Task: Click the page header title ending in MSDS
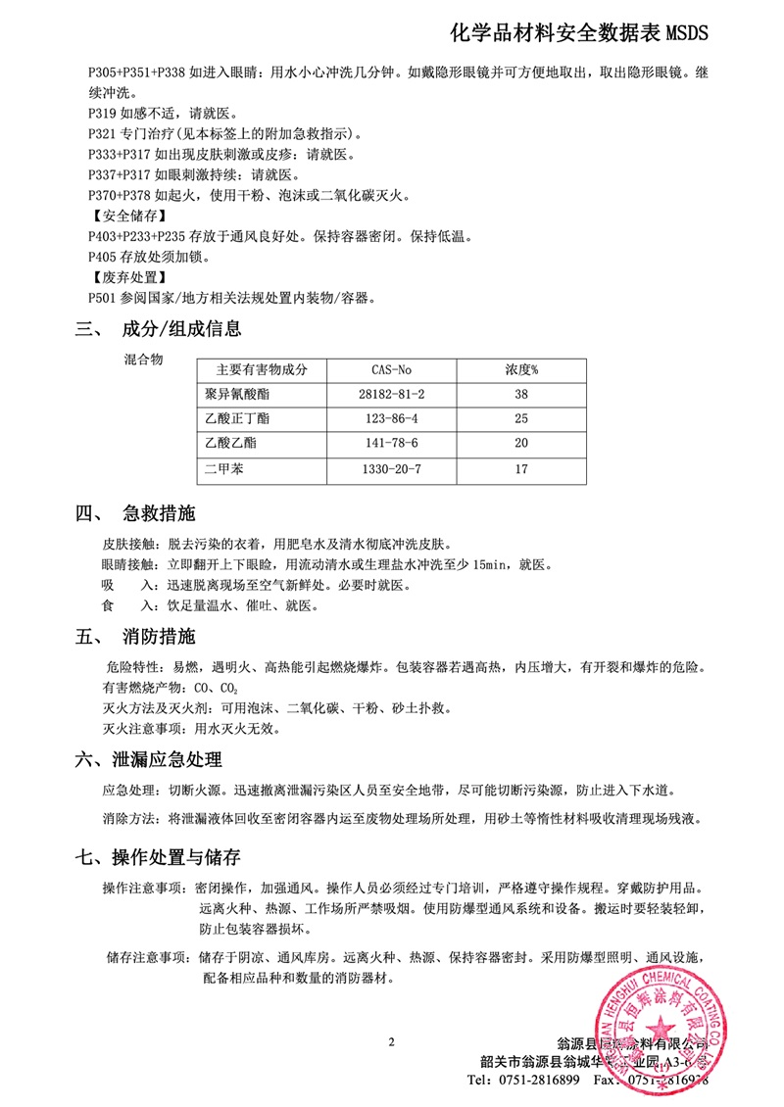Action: click(x=577, y=35)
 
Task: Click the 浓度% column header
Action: click(x=521, y=370)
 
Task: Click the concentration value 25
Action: click(x=521, y=419)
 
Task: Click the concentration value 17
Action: click(x=521, y=469)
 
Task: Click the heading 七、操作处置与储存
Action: click(x=158, y=858)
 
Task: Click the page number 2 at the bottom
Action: click(x=391, y=1041)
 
